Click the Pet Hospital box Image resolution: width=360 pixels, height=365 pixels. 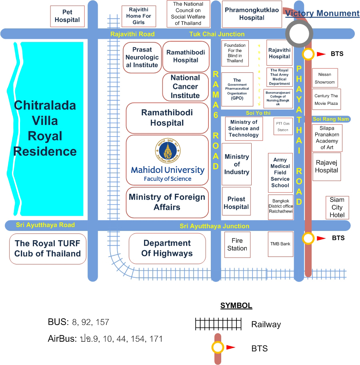click(67, 16)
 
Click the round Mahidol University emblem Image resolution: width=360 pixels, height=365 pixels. click(167, 150)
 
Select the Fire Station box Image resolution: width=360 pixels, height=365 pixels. click(237, 245)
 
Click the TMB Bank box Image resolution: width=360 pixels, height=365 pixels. click(280, 244)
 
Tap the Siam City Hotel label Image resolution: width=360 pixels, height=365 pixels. click(337, 207)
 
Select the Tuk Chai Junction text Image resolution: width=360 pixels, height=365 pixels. click(217, 34)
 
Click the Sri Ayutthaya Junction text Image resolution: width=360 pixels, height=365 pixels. click(214, 226)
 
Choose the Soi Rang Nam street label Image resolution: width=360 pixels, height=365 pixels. click(329, 119)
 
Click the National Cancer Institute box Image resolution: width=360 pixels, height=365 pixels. click(185, 87)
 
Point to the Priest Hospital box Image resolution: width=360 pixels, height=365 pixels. click(236, 203)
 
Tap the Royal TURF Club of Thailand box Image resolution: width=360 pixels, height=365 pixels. click(48, 249)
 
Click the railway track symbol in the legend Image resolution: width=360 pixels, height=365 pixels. click(218, 324)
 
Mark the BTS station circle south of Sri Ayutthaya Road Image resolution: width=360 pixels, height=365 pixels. click(308, 238)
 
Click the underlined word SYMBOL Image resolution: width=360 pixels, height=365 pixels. click(236, 306)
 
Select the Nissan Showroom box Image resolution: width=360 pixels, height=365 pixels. click(325, 78)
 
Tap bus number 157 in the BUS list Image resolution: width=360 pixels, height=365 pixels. click(102, 322)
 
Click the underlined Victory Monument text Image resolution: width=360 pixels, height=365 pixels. click(322, 14)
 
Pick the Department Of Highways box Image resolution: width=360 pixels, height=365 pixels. click(167, 248)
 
